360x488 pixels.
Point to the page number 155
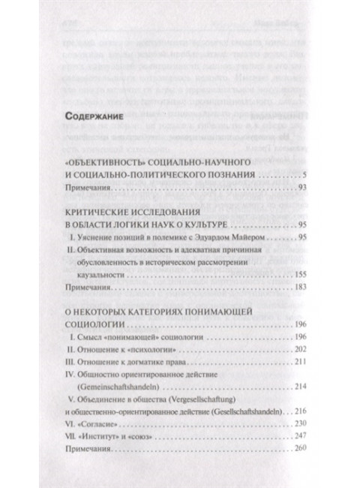coord(291,276)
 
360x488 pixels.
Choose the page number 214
coord(291,389)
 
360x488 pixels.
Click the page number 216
coord(291,413)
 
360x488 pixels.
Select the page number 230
coord(291,426)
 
